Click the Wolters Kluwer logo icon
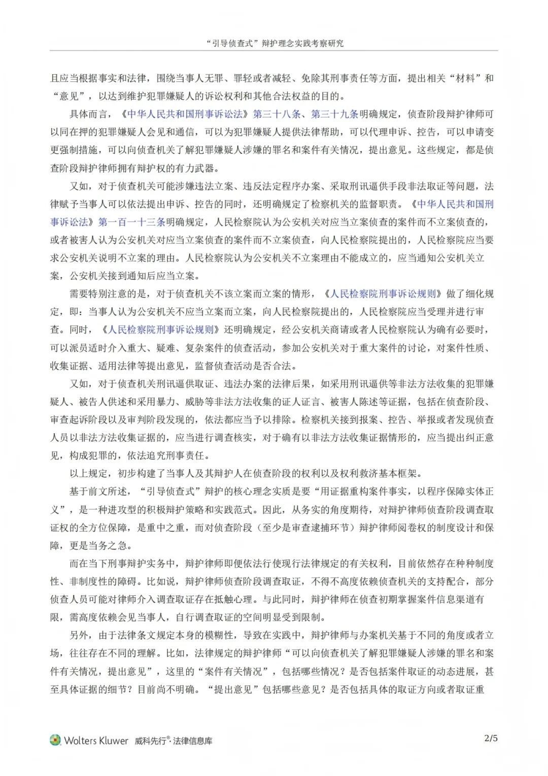(x=55, y=740)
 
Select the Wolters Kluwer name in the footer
(x=96, y=740)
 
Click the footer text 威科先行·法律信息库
(x=174, y=740)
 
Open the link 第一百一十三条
(x=132, y=222)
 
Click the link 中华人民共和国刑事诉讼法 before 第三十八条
(x=185, y=114)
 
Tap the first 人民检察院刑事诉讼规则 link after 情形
(x=383, y=294)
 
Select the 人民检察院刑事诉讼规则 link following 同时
(x=161, y=330)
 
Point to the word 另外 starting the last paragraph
(x=79, y=635)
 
